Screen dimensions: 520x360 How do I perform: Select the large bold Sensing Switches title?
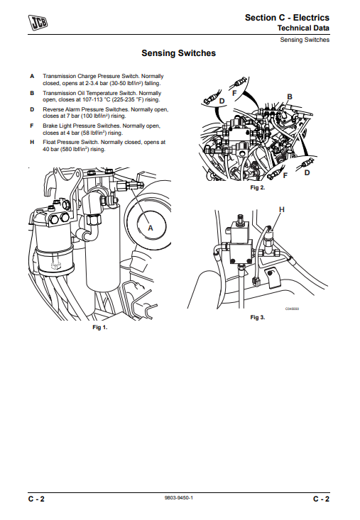(179, 53)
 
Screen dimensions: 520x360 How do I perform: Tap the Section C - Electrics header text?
(287, 17)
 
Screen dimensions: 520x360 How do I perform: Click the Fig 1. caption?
(99, 327)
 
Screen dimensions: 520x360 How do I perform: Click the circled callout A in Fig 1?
(150, 227)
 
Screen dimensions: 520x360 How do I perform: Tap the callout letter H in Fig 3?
(282, 210)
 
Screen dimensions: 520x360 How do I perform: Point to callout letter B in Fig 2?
(290, 96)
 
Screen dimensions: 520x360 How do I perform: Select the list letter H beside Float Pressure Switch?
(32, 142)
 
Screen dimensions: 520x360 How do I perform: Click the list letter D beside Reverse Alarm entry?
(32, 109)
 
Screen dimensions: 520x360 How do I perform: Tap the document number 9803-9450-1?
(178, 499)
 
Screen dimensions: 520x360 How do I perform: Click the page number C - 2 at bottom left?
(37, 499)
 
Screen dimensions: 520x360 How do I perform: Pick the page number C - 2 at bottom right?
(321, 499)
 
